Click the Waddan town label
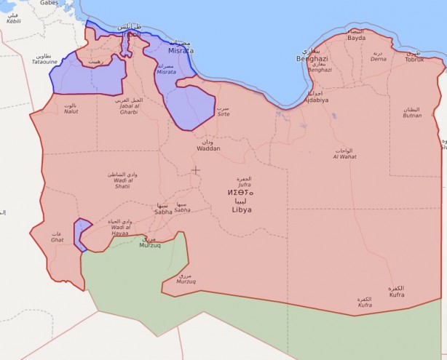(208, 148)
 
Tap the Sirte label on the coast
(224, 114)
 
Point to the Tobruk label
(414, 59)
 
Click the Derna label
(379, 58)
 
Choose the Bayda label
(356, 38)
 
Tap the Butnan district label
(412, 115)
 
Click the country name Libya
(241, 209)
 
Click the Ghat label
(57, 239)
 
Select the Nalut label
(71, 111)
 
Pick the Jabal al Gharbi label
(128, 112)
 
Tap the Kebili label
(13, 22)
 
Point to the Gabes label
(49, 4)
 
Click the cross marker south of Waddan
(195, 170)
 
